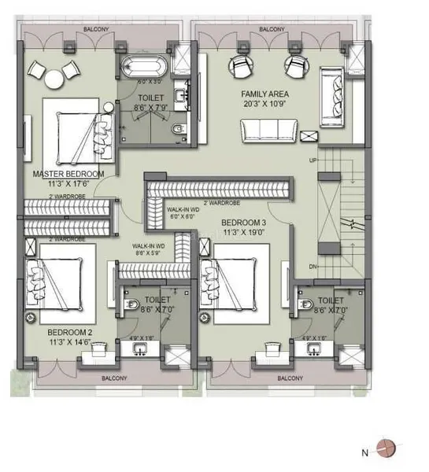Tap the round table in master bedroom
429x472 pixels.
[53, 78]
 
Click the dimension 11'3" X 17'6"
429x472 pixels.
[68, 183]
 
